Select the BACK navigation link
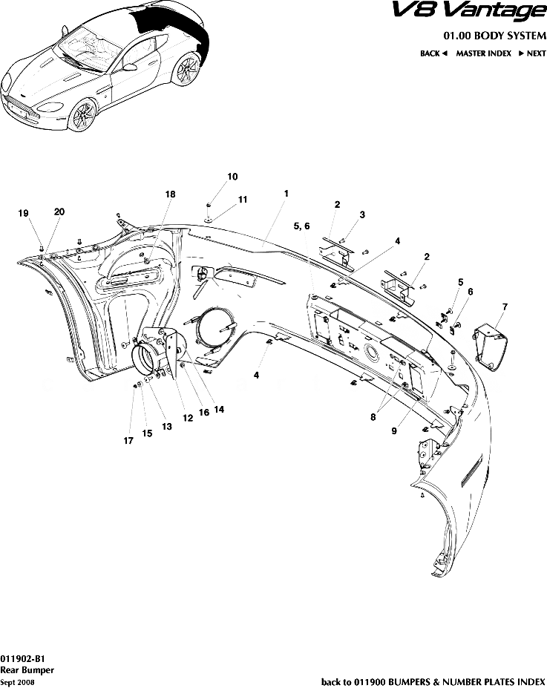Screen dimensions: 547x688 coord(433,53)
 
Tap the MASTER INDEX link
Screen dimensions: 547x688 coord(483,53)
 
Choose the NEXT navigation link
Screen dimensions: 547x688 coord(532,53)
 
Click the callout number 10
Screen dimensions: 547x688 coord(232,177)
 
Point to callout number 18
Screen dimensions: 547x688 coord(170,194)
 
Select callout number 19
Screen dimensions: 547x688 coord(23,213)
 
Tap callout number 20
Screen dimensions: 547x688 coord(59,212)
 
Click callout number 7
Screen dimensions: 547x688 coord(505,307)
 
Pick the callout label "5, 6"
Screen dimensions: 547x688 coord(301,226)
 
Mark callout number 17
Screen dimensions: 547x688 coord(128,441)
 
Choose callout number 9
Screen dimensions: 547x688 coord(394,431)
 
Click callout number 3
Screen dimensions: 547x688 coord(362,214)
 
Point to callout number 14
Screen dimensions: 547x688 coord(219,409)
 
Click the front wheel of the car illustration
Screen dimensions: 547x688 coord(83,114)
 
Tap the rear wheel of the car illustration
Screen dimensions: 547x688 coord(186,69)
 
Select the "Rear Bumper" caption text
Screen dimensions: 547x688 coord(27,670)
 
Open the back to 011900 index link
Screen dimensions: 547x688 coord(433,682)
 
